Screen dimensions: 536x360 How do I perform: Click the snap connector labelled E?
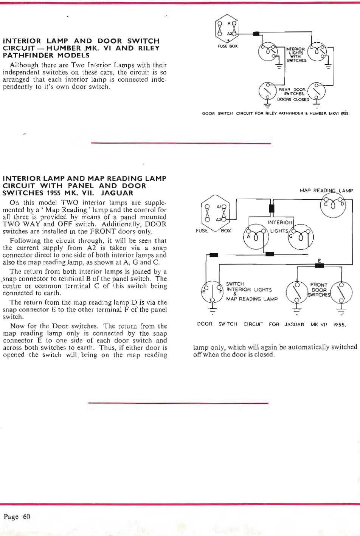pyautogui.click(x=320, y=266)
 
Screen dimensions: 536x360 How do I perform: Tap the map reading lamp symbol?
pyautogui.click(x=333, y=206)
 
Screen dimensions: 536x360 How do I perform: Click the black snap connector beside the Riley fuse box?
pyautogui.click(x=256, y=34)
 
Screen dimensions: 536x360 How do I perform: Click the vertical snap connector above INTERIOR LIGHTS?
pyautogui.click(x=271, y=209)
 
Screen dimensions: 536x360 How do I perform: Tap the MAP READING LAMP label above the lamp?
pyautogui.click(x=326, y=191)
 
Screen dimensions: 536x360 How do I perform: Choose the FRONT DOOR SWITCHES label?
pyautogui.click(x=319, y=290)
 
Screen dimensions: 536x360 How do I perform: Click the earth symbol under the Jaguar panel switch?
pyautogui.click(x=212, y=311)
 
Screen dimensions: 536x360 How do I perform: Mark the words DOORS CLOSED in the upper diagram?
pyautogui.click(x=293, y=100)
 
